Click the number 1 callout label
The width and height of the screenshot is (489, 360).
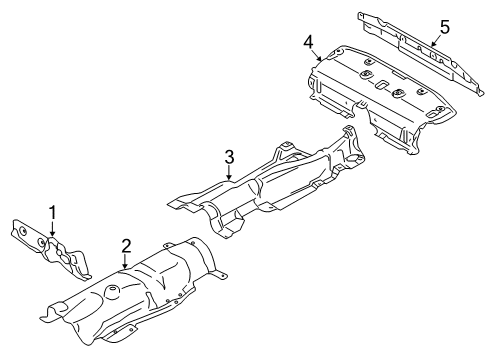pos(53,213)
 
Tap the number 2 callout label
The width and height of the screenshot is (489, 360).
pos(126,246)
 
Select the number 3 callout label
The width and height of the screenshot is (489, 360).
pos(229,157)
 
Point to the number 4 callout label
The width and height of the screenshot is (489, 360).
pos(308,42)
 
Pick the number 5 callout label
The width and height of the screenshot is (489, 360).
pos(445,27)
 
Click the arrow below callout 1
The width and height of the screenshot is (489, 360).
pos(52,229)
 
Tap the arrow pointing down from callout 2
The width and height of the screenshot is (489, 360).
pos(125,261)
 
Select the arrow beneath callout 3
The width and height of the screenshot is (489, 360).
pos(229,173)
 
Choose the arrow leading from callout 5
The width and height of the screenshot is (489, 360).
pos(436,40)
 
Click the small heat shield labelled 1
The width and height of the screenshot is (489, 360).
pos(51,247)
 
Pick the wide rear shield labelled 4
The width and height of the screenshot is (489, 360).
pos(380,97)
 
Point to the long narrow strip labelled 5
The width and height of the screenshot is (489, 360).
pos(421,53)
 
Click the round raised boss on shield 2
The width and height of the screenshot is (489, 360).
pos(112,291)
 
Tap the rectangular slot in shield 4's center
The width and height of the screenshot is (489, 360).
pos(382,85)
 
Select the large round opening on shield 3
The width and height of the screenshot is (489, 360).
pos(353,158)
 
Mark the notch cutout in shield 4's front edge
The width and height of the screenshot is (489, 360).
pos(362,107)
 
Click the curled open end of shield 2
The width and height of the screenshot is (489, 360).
pos(53,312)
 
